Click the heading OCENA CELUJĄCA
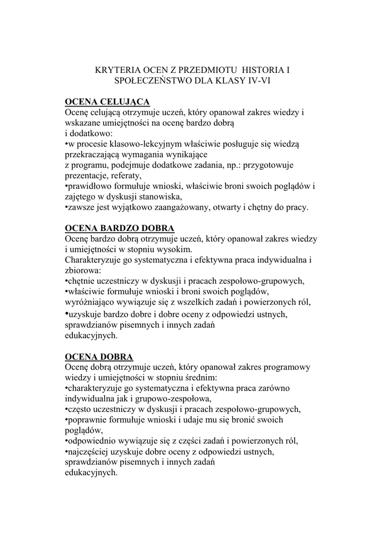click(x=107, y=102)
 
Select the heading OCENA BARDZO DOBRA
click(x=120, y=228)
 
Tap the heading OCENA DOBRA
click(x=99, y=356)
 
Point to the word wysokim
click(x=179, y=249)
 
